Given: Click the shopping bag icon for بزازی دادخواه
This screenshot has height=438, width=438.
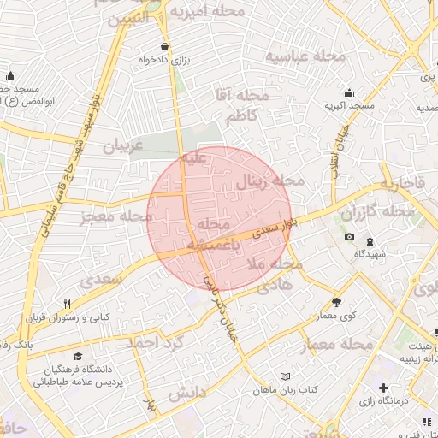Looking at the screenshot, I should click(x=164, y=46).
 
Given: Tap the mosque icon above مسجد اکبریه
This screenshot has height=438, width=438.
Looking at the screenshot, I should click(x=349, y=92).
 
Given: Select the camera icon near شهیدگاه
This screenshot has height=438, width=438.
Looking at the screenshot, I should click(x=349, y=237).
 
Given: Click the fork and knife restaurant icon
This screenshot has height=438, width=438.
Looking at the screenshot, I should click(x=66, y=304).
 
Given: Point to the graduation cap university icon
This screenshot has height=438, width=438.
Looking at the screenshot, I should click(x=78, y=356).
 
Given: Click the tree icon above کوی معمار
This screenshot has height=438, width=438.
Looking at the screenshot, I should click(x=336, y=302).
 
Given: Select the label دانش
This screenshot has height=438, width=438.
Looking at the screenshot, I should click(x=187, y=394).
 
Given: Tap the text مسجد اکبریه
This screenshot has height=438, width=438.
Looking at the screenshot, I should click(x=349, y=105).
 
